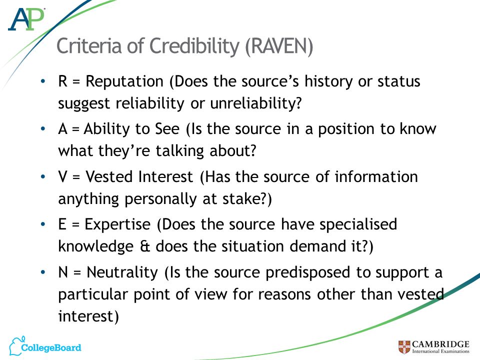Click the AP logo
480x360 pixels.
coord(26,19)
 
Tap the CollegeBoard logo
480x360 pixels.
coord(45,346)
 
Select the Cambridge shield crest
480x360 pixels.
coord(404,347)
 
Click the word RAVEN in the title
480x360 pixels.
coord(279,46)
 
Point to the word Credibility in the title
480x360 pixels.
coord(194,46)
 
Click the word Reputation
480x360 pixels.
coord(124,82)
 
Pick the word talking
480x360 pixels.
coord(179,151)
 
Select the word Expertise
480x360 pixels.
coord(117,224)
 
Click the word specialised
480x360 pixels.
coord(358,224)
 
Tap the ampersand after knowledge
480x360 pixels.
coord(144,246)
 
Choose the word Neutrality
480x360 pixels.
coord(122,272)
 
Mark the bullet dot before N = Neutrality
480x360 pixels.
coord(43,272)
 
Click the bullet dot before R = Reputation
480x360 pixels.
coord(43,81)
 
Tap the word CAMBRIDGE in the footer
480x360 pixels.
coord(440,344)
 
